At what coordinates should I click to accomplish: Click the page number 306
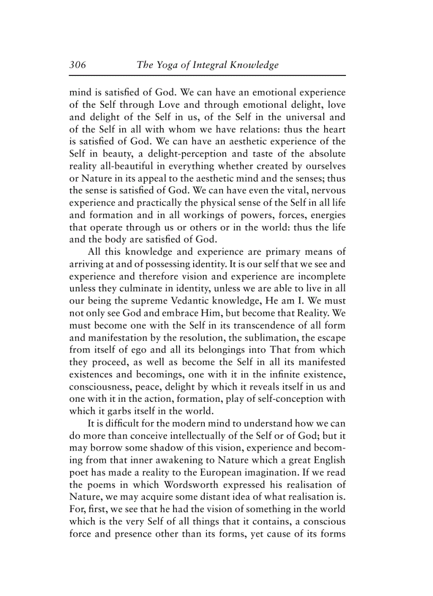[77, 65]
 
